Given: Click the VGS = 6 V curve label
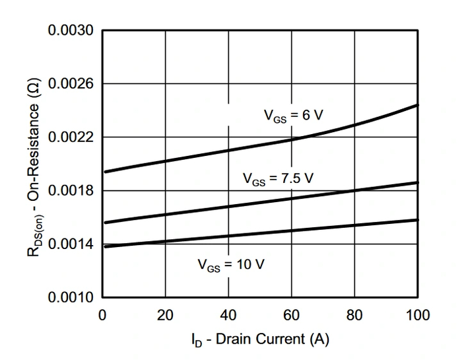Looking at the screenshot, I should [x=294, y=115].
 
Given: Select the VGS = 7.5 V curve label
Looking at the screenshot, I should [x=277, y=178].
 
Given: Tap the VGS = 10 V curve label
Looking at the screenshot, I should [x=232, y=265].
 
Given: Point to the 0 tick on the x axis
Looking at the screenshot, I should [x=102, y=315].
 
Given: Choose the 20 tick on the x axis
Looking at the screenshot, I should [x=165, y=315].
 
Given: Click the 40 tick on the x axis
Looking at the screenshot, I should [x=228, y=315].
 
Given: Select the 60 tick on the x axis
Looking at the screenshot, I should [x=292, y=315].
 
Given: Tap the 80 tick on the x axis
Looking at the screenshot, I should [x=355, y=315].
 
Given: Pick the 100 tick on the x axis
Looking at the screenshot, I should [x=418, y=315].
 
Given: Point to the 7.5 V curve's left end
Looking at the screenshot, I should [x=105, y=223].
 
